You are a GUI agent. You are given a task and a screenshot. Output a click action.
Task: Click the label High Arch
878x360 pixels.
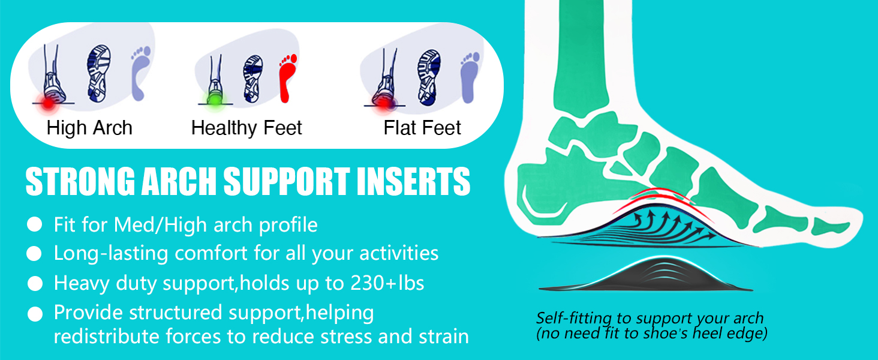pos(89,128)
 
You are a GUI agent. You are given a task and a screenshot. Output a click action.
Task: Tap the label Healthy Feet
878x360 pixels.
pos(246,128)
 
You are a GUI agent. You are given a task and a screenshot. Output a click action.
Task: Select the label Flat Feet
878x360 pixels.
pos(422,128)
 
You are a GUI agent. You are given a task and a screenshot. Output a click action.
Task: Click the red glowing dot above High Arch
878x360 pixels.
pos(47,102)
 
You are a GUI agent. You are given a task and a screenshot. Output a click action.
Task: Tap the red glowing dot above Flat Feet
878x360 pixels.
pos(381,103)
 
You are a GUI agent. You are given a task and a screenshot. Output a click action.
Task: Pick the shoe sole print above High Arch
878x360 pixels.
pos(98,72)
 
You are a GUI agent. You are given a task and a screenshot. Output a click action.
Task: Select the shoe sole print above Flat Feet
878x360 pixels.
pos(429,73)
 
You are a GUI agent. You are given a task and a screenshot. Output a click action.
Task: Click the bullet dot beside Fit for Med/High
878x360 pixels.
pos(35,225)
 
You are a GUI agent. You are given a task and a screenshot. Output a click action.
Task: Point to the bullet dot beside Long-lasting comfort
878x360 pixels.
pos(35,254)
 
